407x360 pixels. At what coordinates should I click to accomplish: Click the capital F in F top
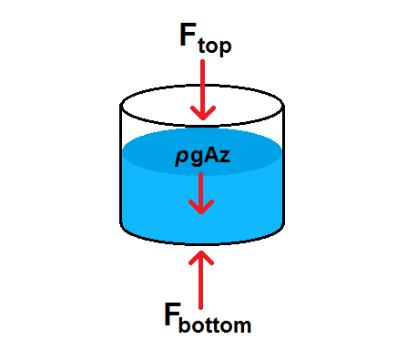[x=187, y=35]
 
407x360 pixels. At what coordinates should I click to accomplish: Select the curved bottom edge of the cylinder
[x=202, y=243]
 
